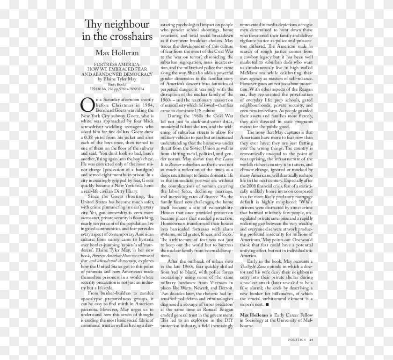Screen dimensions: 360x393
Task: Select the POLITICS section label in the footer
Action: [x=297, y=340]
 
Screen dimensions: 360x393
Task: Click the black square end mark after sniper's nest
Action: [x=267, y=304]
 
